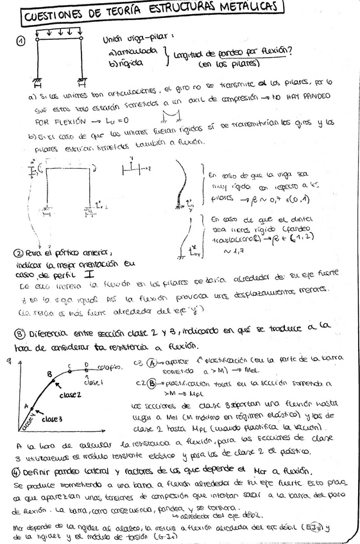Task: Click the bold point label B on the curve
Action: [x=49, y=374]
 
